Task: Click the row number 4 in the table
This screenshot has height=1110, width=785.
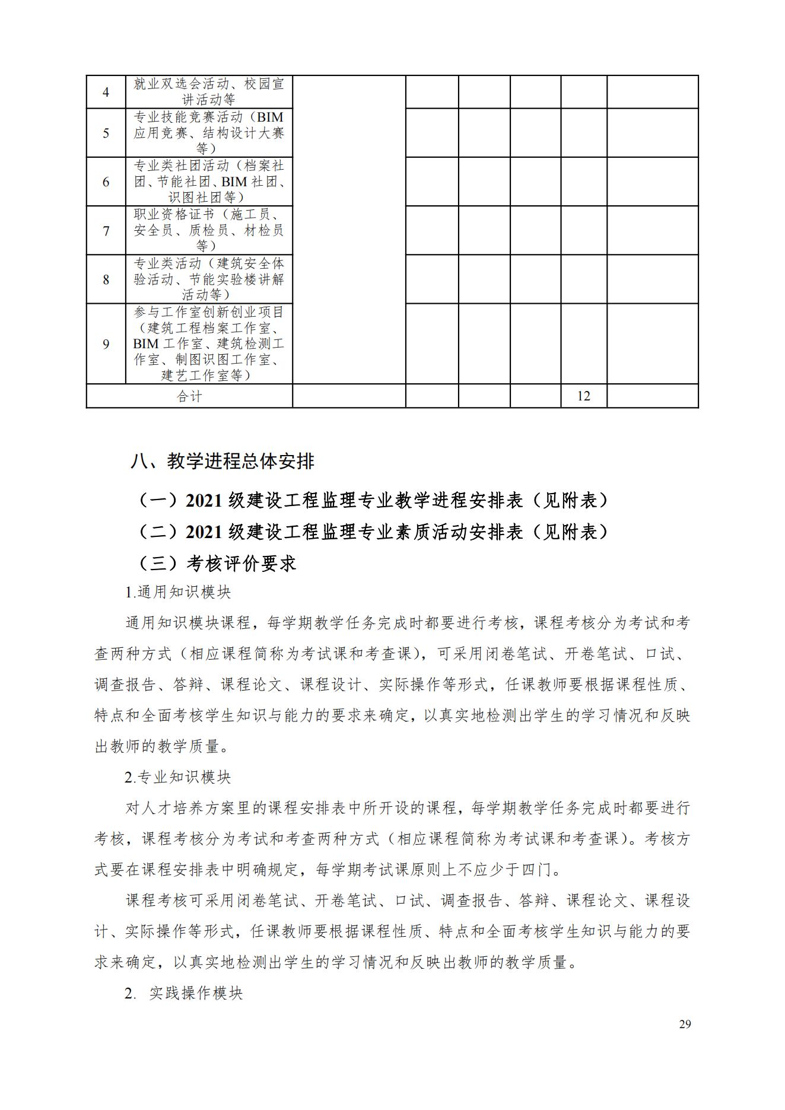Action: click(106, 93)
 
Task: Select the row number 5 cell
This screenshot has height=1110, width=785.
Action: click(106, 133)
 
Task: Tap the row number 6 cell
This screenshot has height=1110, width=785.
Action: click(106, 182)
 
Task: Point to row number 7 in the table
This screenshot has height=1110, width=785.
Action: click(106, 231)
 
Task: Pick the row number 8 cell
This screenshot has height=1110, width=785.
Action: click(106, 279)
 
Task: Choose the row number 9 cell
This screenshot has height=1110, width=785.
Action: click(106, 344)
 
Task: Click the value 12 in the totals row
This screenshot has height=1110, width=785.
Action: click(584, 396)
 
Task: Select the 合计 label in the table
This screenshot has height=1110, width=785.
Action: click(189, 396)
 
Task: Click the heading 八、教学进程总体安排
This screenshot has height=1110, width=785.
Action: click(223, 462)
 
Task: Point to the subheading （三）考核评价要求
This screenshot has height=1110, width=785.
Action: click(217, 563)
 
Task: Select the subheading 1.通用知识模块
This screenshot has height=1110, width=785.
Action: click(178, 592)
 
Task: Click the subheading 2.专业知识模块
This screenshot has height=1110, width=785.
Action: click(178, 777)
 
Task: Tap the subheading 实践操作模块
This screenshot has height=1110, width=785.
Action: click(196, 993)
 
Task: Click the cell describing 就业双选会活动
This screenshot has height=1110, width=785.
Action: click(209, 92)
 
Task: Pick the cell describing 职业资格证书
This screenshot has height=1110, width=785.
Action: click(209, 230)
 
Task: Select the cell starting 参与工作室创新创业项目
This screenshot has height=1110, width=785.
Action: click(209, 344)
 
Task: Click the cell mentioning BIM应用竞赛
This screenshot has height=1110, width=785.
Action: click(209, 133)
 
